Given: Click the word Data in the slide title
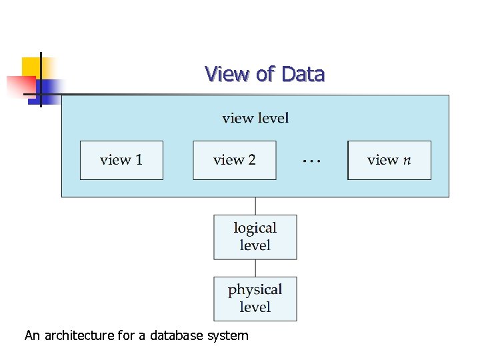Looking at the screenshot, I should click(303, 73).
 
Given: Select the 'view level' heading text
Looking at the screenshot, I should click(255, 119).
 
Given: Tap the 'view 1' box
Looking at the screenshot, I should click(121, 160).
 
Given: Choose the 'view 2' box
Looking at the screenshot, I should click(234, 160).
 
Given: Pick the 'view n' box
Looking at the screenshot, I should click(389, 160).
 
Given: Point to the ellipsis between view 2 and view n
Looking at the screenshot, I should click(311, 161).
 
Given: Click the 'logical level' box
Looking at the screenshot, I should click(255, 237).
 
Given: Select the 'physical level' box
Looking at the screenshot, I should click(255, 299).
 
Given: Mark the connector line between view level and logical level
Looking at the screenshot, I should click(255, 205).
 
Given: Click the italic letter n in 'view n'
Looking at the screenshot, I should click(407, 161).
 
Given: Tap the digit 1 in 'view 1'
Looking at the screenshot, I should click(139, 160).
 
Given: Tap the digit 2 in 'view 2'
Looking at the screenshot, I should click(251, 160).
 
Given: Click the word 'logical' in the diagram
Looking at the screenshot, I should click(255, 229).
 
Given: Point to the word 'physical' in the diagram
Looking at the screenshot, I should click(255, 290).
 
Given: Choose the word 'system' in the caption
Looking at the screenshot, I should click(228, 336).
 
